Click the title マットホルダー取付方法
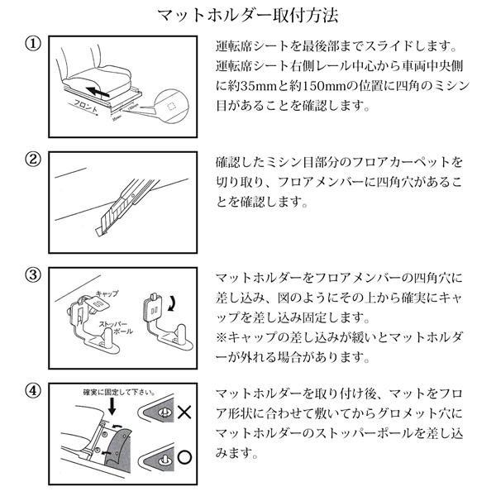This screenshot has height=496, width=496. pos(248,15)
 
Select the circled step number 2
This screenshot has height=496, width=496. pos(31,160)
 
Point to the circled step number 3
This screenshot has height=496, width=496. pos(31,275)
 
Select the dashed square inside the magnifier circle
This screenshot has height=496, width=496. pos(170,106)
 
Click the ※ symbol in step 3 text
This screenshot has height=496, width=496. pos(220,337)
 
